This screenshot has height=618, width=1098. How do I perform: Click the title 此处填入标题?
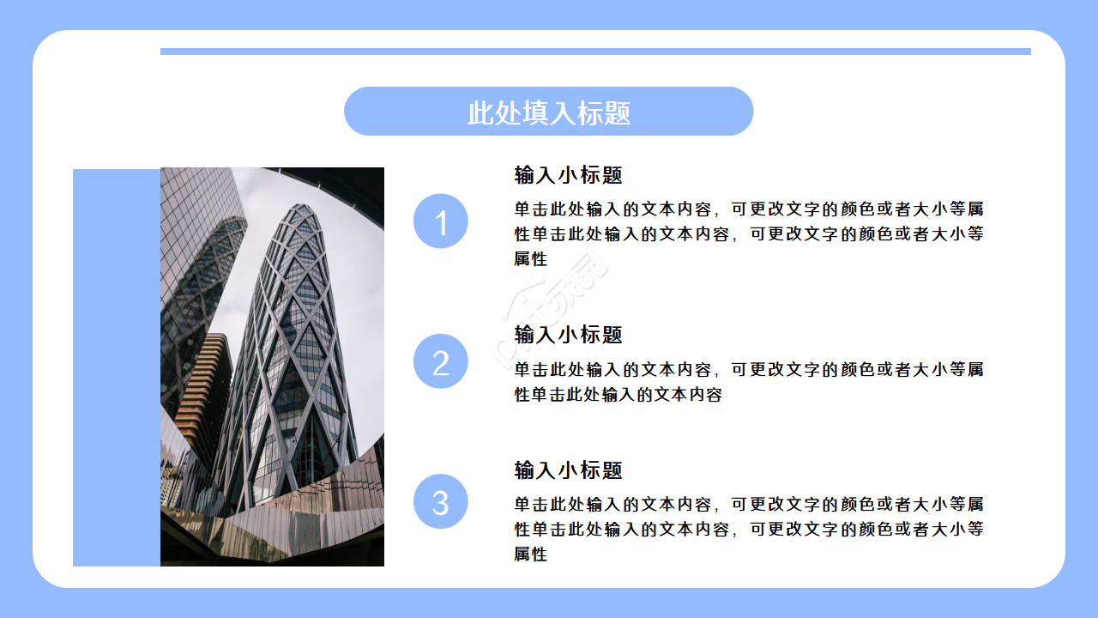tap(548, 112)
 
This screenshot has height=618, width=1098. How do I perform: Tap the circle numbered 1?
tap(440, 221)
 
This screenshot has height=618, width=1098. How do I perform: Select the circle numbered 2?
tap(440, 361)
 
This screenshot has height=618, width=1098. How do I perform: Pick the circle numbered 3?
tap(440, 501)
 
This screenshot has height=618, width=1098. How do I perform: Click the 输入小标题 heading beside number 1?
tap(568, 175)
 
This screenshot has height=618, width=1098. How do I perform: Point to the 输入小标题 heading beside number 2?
tap(568, 335)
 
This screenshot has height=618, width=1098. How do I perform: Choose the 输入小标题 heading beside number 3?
tap(568, 470)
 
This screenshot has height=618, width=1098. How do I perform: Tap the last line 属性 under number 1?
tap(530, 259)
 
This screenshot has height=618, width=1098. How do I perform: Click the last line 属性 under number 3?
tap(530, 554)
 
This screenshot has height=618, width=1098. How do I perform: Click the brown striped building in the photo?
tap(204, 378)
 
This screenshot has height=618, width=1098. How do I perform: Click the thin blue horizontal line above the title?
tap(595, 51)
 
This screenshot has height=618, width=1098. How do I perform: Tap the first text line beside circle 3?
tap(748, 504)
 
